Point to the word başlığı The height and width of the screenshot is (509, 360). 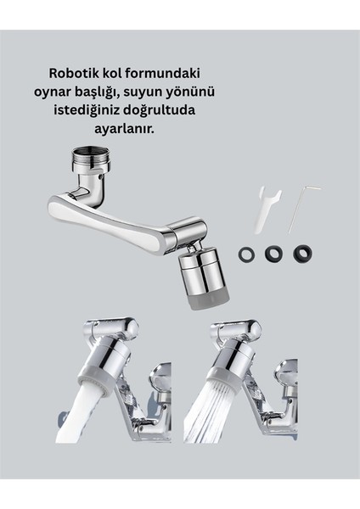(141, 92)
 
